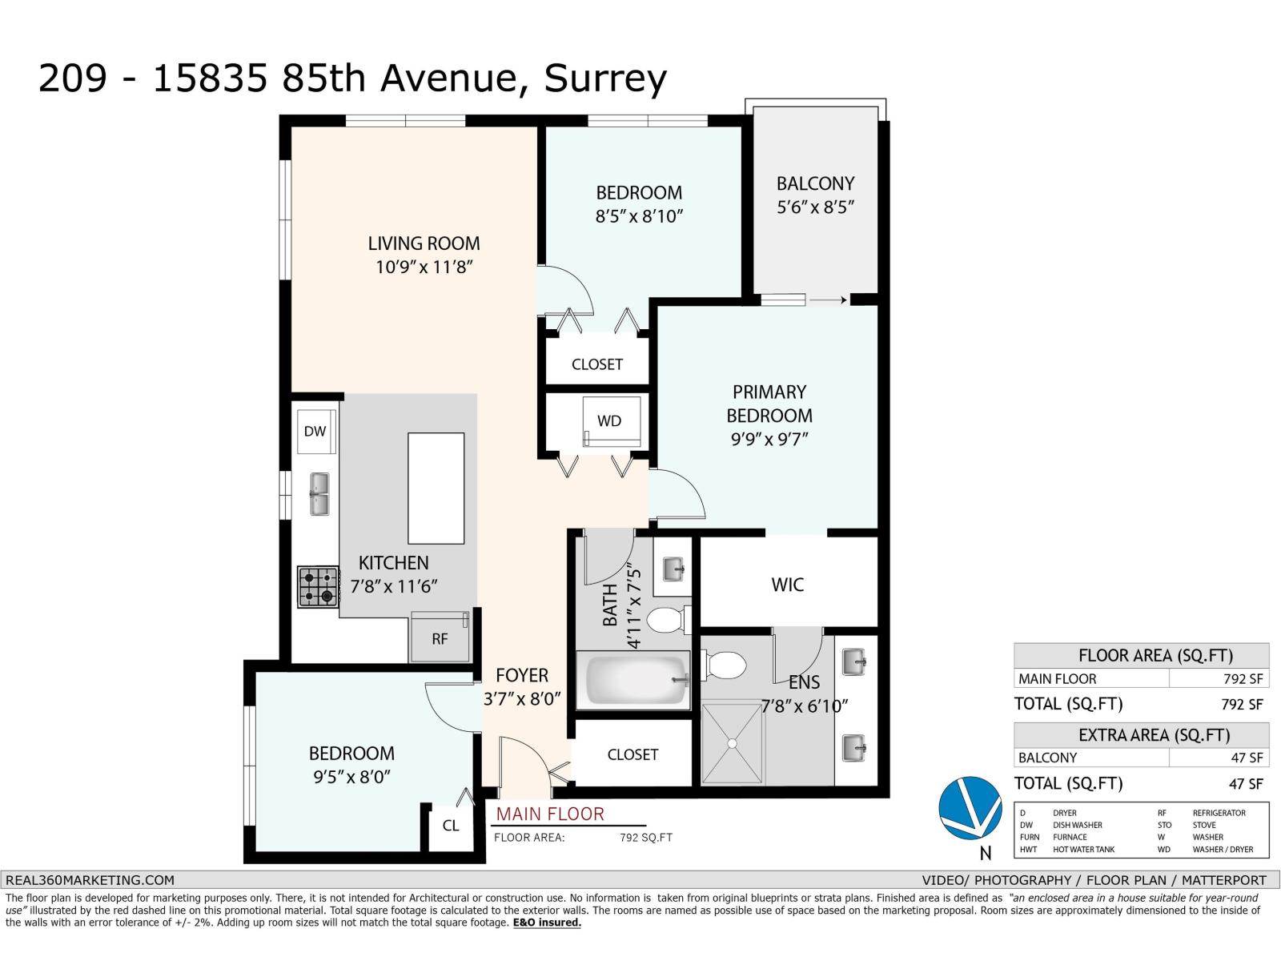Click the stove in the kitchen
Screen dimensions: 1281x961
point(318,587)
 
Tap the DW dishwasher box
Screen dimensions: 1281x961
point(316,432)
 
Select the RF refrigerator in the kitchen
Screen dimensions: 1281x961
point(440,637)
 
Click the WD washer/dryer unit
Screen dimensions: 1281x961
point(611,421)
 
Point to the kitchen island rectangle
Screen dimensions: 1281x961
point(436,489)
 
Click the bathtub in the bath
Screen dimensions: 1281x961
point(633,681)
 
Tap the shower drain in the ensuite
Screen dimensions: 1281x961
point(732,743)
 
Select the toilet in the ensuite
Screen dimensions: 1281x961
point(725,665)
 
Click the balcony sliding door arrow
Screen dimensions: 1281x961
point(828,300)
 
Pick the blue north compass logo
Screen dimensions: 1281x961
point(970,808)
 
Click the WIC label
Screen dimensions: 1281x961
point(787,585)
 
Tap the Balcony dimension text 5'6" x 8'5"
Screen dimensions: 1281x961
point(815,207)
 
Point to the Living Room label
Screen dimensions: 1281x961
point(424,243)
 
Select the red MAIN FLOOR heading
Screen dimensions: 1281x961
point(550,814)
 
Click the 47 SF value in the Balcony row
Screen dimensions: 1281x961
point(1247,758)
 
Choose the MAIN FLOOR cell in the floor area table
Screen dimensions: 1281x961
point(1057,679)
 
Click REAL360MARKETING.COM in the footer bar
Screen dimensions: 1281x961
point(90,880)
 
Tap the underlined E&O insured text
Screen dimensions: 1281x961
point(547,923)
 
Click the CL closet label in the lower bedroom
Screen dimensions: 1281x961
point(451,826)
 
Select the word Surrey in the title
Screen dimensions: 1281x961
point(605,78)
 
